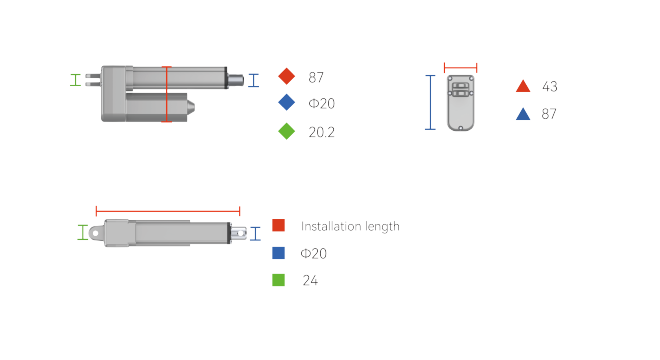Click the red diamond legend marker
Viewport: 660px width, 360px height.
point(287,76)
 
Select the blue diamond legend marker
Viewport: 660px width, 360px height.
point(287,102)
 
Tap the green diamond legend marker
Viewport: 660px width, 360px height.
point(287,131)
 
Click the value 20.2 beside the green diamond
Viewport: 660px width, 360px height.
point(321,132)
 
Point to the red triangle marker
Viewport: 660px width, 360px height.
point(523,86)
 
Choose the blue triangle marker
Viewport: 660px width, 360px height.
point(523,114)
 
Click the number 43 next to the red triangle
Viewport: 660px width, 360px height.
point(550,87)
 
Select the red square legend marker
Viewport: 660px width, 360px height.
point(278,225)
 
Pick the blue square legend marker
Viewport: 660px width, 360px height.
point(278,253)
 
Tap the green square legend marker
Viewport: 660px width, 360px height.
point(278,280)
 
